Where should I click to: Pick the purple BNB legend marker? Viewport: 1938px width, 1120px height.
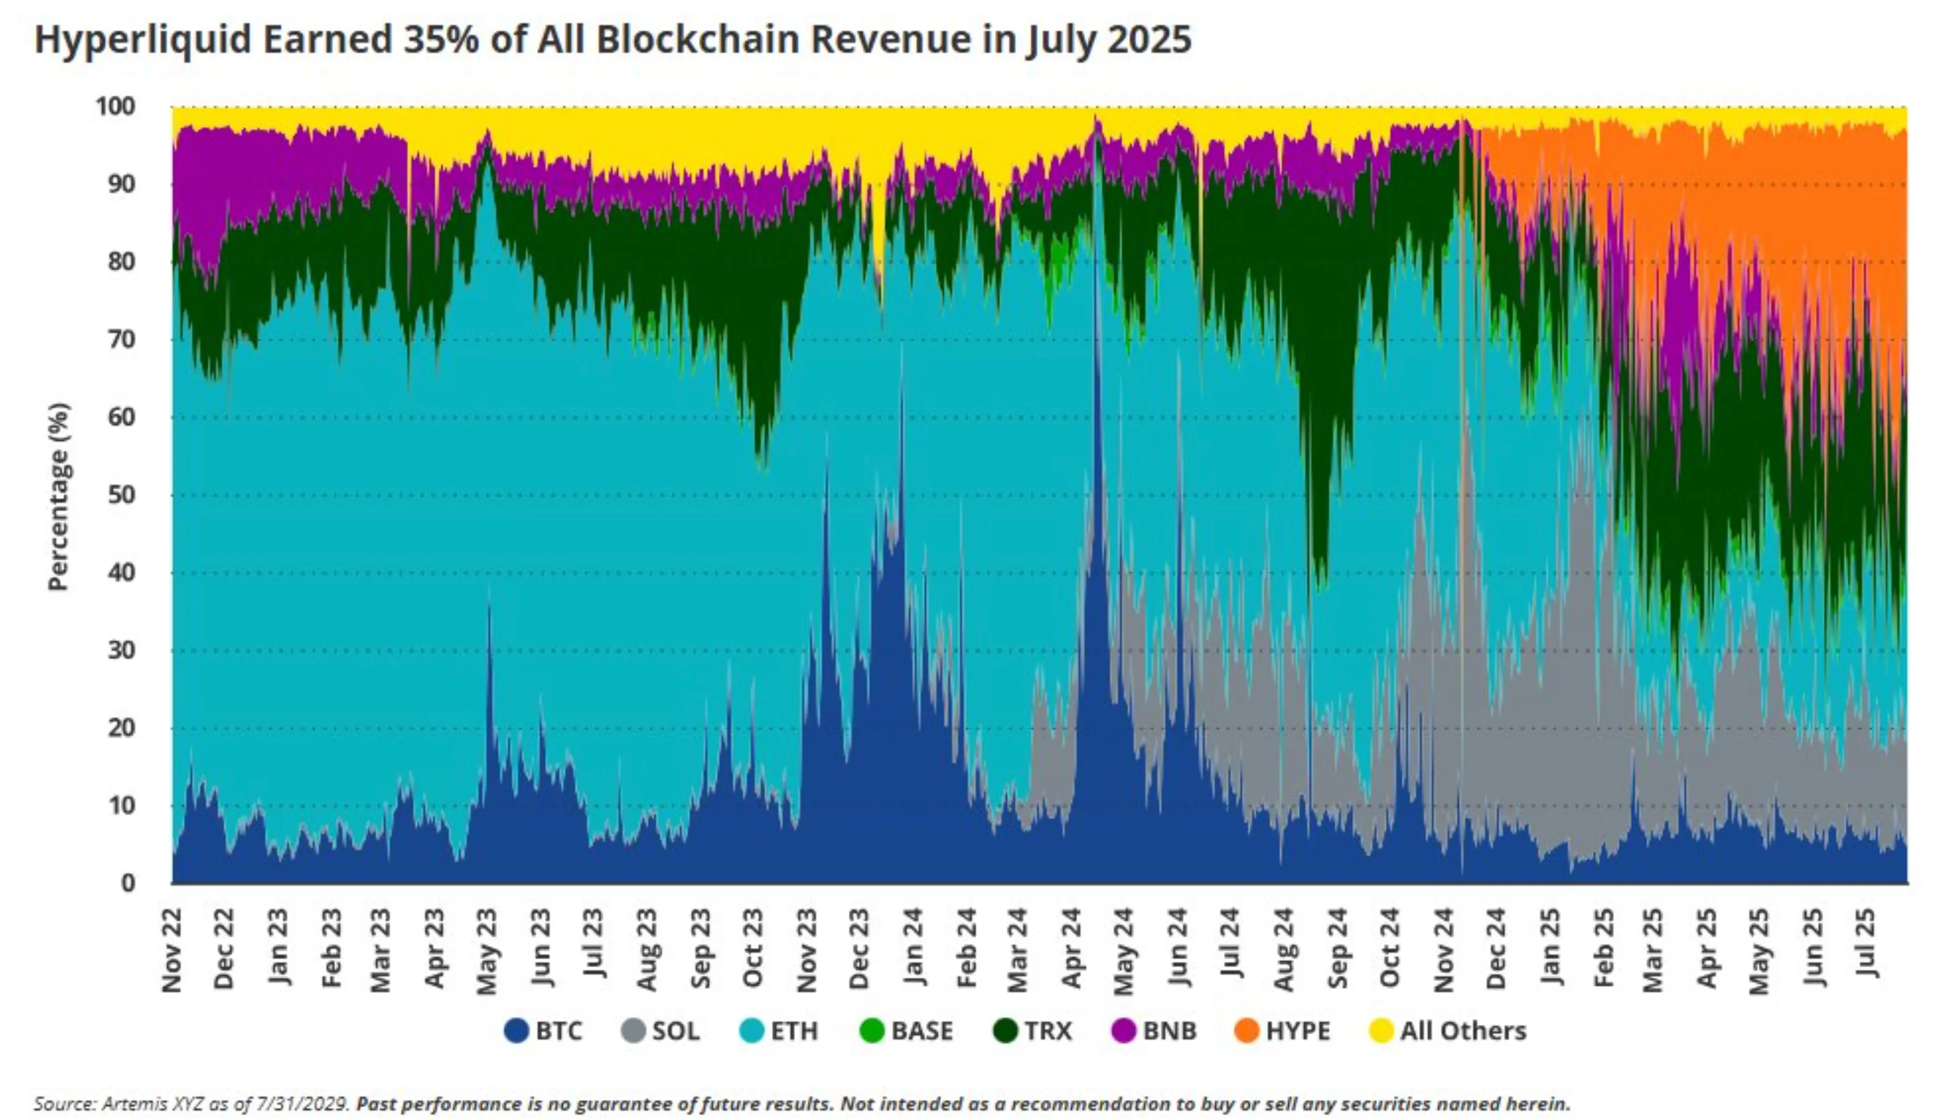click(x=1124, y=1031)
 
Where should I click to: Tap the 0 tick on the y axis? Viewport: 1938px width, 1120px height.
click(x=128, y=882)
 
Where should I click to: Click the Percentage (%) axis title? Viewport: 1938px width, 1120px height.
click(x=58, y=496)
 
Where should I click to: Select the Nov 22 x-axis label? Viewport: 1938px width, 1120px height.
click(x=172, y=950)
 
